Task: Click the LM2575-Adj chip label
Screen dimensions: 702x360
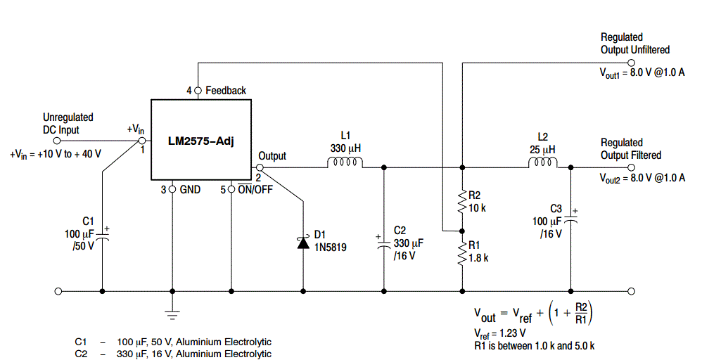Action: [201, 141]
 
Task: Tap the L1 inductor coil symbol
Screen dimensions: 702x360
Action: [345, 163]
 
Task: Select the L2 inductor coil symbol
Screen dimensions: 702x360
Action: [543, 163]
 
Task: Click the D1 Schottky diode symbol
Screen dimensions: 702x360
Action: [303, 243]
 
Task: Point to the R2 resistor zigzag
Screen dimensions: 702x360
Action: [462, 202]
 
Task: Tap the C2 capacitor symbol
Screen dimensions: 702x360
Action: [383, 244]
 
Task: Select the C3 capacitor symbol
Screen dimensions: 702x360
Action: [571, 219]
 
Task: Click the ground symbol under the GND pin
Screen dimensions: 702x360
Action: [172, 314]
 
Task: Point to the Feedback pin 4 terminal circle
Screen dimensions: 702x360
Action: [198, 90]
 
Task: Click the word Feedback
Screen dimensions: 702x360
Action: [226, 91]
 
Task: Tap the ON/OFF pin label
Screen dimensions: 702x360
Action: [255, 189]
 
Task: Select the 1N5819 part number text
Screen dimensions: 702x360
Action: [330, 247]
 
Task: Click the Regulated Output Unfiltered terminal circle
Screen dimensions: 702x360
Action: [631, 63]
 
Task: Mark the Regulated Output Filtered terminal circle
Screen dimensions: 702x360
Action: [631, 167]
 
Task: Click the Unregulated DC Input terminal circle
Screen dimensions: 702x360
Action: [57, 141]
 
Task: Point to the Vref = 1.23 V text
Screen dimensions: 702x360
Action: [499, 333]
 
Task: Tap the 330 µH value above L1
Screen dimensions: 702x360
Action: [345, 148]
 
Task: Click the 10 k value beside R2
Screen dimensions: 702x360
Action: [477, 207]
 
